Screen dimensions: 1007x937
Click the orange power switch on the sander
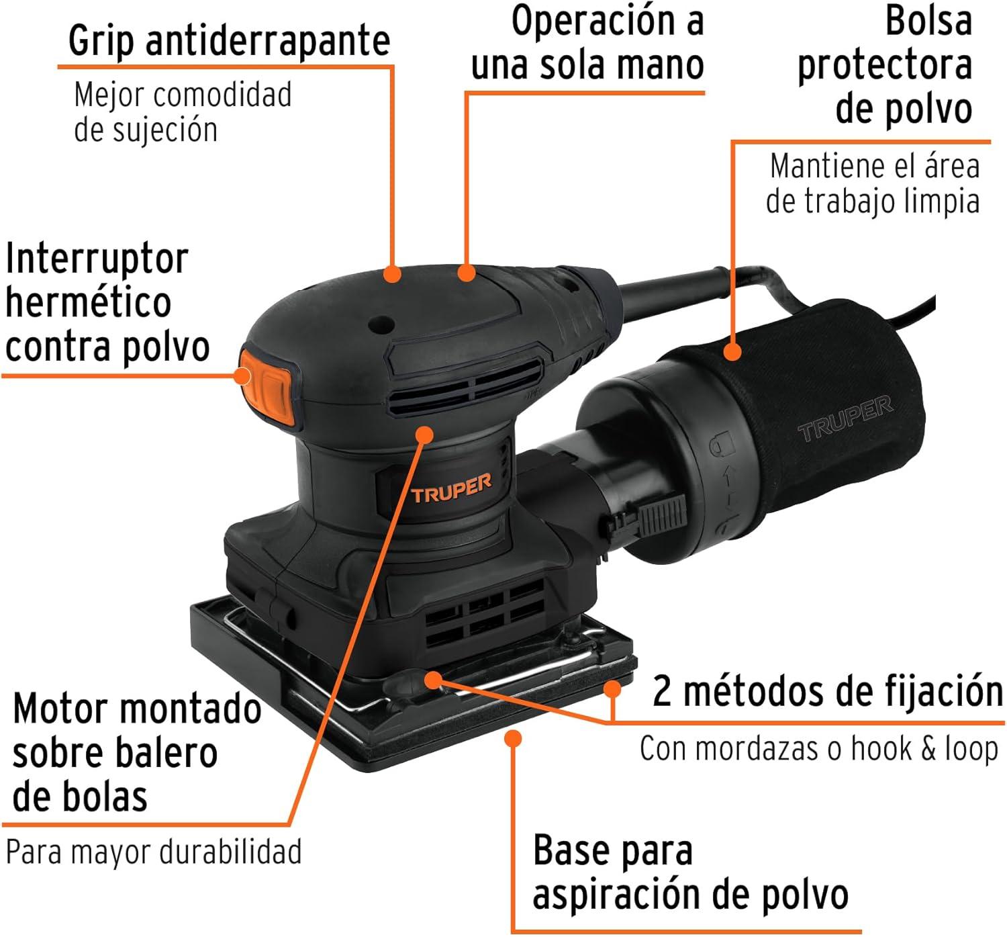tap(267, 386)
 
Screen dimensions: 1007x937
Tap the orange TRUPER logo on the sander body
tap(450, 488)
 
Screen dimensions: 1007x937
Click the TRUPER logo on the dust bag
tap(845, 419)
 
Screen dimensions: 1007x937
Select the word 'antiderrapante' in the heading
tap(268, 40)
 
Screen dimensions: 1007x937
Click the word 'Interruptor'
tap(97, 259)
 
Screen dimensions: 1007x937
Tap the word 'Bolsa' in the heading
tap(928, 21)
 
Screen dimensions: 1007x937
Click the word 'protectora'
tap(885, 66)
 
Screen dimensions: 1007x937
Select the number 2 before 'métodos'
tap(662, 691)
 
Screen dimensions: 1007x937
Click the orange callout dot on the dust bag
tap(732, 351)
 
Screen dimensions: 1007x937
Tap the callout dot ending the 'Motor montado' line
tap(424, 435)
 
